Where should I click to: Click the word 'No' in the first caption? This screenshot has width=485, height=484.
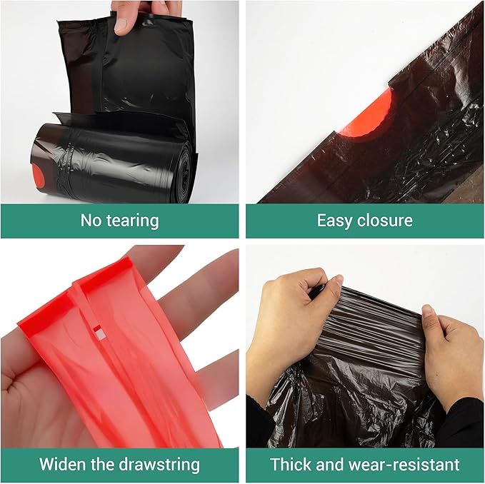pos(91,220)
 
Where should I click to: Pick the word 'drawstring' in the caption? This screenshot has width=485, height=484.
pos(159,465)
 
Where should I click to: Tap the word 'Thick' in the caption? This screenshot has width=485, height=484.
pos(290,465)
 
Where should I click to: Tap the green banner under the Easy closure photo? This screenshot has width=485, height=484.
pos(364,220)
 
